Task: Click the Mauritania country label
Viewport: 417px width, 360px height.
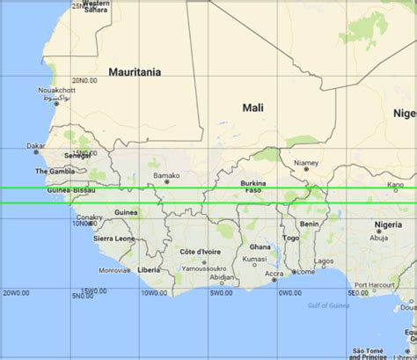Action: [135, 72]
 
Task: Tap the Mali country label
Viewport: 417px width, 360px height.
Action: [252, 107]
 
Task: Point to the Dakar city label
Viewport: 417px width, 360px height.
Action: [36, 146]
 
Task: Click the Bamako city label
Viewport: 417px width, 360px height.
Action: [166, 175]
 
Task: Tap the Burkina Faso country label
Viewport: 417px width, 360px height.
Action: [252, 187]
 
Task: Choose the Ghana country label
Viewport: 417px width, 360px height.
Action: [260, 247]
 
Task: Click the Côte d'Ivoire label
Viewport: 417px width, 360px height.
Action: [198, 252]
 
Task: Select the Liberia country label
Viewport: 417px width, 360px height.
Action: [149, 269]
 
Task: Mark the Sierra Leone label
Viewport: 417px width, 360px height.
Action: [113, 239]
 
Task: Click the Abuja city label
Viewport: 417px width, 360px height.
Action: [379, 237]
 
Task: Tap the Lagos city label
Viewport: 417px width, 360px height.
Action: [325, 261]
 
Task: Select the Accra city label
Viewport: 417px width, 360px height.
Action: [273, 273]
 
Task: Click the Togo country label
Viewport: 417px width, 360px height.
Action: [291, 238]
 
